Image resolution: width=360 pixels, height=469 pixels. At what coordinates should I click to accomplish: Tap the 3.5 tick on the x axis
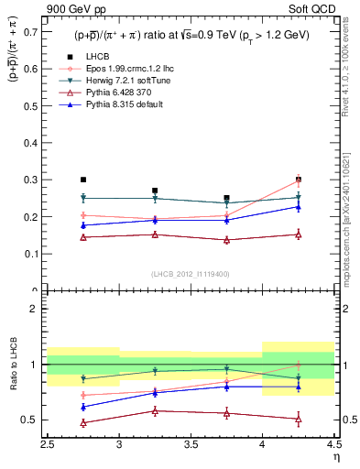click(x=191, y=448)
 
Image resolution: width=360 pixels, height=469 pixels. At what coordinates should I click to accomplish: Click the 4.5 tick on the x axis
click(x=333, y=448)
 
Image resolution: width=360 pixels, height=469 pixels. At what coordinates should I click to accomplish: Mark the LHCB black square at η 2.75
click(x=83, y=180)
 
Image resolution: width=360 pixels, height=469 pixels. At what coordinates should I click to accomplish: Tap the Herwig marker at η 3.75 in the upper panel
click(x=226, y=202)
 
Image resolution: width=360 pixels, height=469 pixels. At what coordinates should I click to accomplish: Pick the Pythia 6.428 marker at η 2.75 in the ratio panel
click(x=83, y=423)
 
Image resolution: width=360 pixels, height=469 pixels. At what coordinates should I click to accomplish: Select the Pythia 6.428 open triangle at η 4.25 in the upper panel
click(x=298, y=234)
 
